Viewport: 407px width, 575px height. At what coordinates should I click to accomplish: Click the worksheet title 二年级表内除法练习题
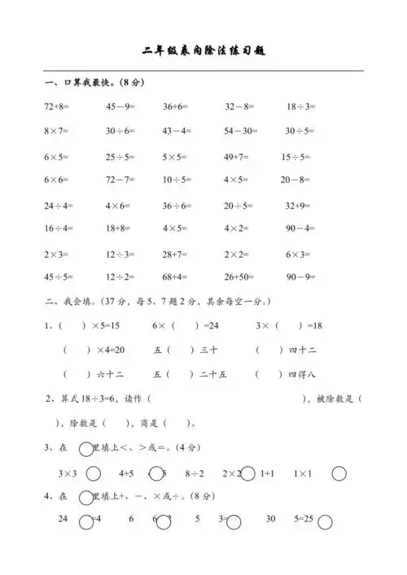203,50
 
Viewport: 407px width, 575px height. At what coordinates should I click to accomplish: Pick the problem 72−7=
120,179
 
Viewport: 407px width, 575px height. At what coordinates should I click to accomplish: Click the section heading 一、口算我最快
81,82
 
